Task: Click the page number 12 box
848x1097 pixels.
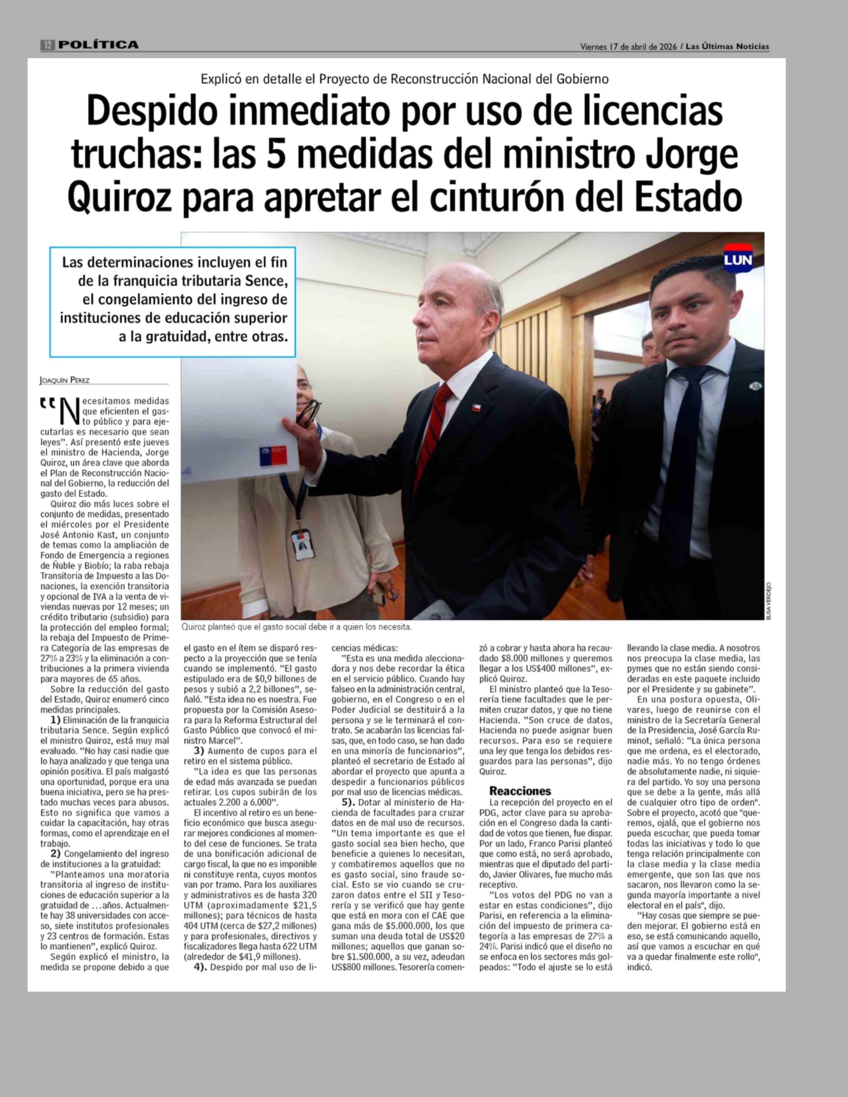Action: (x=48, y=45)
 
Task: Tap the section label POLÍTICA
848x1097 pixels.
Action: (x=98, y=45)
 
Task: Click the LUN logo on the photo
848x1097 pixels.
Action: (x=738, y=259)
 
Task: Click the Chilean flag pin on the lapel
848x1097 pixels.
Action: (x=476, y=407)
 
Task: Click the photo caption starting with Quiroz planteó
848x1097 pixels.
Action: (x=296, y=627)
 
